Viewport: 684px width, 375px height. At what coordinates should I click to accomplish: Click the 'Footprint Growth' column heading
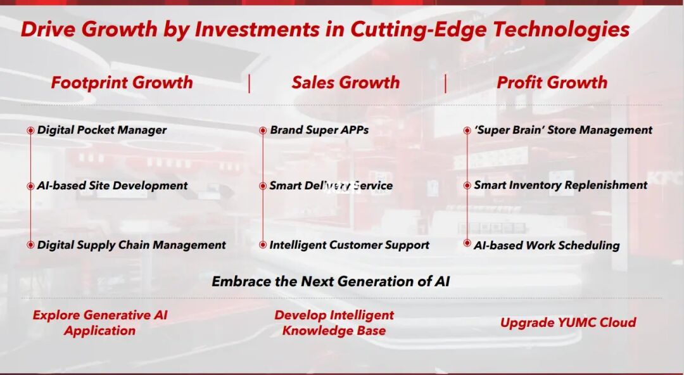tap(122, 83)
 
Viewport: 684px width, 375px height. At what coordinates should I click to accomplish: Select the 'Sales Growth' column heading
tap(346, 82)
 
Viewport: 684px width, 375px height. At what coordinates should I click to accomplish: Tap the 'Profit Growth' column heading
tap(552, 82)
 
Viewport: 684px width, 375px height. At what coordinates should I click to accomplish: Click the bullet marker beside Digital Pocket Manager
tap(30, 130)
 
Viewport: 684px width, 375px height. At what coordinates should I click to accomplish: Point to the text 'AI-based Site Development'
tap(112, 186)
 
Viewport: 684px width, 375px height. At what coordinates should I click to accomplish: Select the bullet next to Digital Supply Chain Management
tap(30, 245)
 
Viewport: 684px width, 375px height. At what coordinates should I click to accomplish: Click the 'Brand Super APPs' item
tap(319, 130)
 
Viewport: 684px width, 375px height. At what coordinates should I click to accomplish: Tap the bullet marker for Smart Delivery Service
tap(263, 186)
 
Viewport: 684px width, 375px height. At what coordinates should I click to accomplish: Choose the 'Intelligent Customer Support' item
tap(349, 245)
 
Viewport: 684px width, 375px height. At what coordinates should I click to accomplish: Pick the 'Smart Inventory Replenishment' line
tap(560, 185)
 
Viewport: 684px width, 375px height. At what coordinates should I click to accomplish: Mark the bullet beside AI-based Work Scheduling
tap(467, 243)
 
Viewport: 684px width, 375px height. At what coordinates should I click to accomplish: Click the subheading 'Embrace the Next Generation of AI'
tap(331, 281)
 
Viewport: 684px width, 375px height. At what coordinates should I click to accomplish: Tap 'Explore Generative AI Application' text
tap(100, 322)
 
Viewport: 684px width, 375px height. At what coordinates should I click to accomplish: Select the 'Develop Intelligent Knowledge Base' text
tap(334, 322)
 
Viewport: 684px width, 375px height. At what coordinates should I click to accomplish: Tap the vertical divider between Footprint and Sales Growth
tap(249, 84)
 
